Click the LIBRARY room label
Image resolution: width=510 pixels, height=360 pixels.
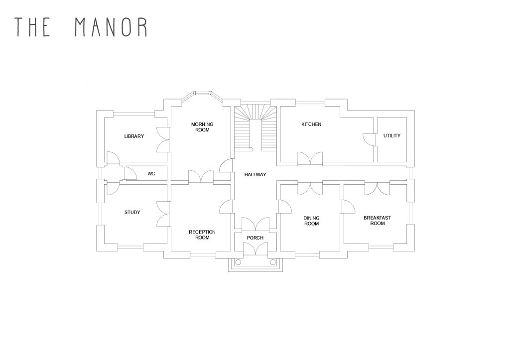pos(134,136)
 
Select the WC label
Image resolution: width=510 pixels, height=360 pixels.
pos(151,174)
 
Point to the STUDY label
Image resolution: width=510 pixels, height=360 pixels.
pos(132,213)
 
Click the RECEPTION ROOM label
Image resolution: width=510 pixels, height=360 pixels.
pos(202,235)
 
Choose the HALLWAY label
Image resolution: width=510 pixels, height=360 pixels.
pos(255,174)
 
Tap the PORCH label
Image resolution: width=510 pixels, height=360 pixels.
pos(255,238)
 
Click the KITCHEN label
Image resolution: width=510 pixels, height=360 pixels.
pos(311,124)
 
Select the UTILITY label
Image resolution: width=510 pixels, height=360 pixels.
pos(391,135)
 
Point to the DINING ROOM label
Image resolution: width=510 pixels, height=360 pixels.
pos(311,221)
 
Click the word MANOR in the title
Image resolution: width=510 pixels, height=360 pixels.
pos(111,27)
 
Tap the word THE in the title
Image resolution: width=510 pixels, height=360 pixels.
pos(33,27)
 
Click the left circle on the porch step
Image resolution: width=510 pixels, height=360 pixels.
pos(238,261)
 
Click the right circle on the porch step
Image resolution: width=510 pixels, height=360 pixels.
pos(272,261)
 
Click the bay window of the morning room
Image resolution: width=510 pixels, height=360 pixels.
pos(202,93)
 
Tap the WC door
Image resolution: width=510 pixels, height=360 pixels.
pos(130,173)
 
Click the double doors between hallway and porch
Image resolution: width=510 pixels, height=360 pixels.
pos(255,225)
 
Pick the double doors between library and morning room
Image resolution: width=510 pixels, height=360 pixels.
pos(163,139)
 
